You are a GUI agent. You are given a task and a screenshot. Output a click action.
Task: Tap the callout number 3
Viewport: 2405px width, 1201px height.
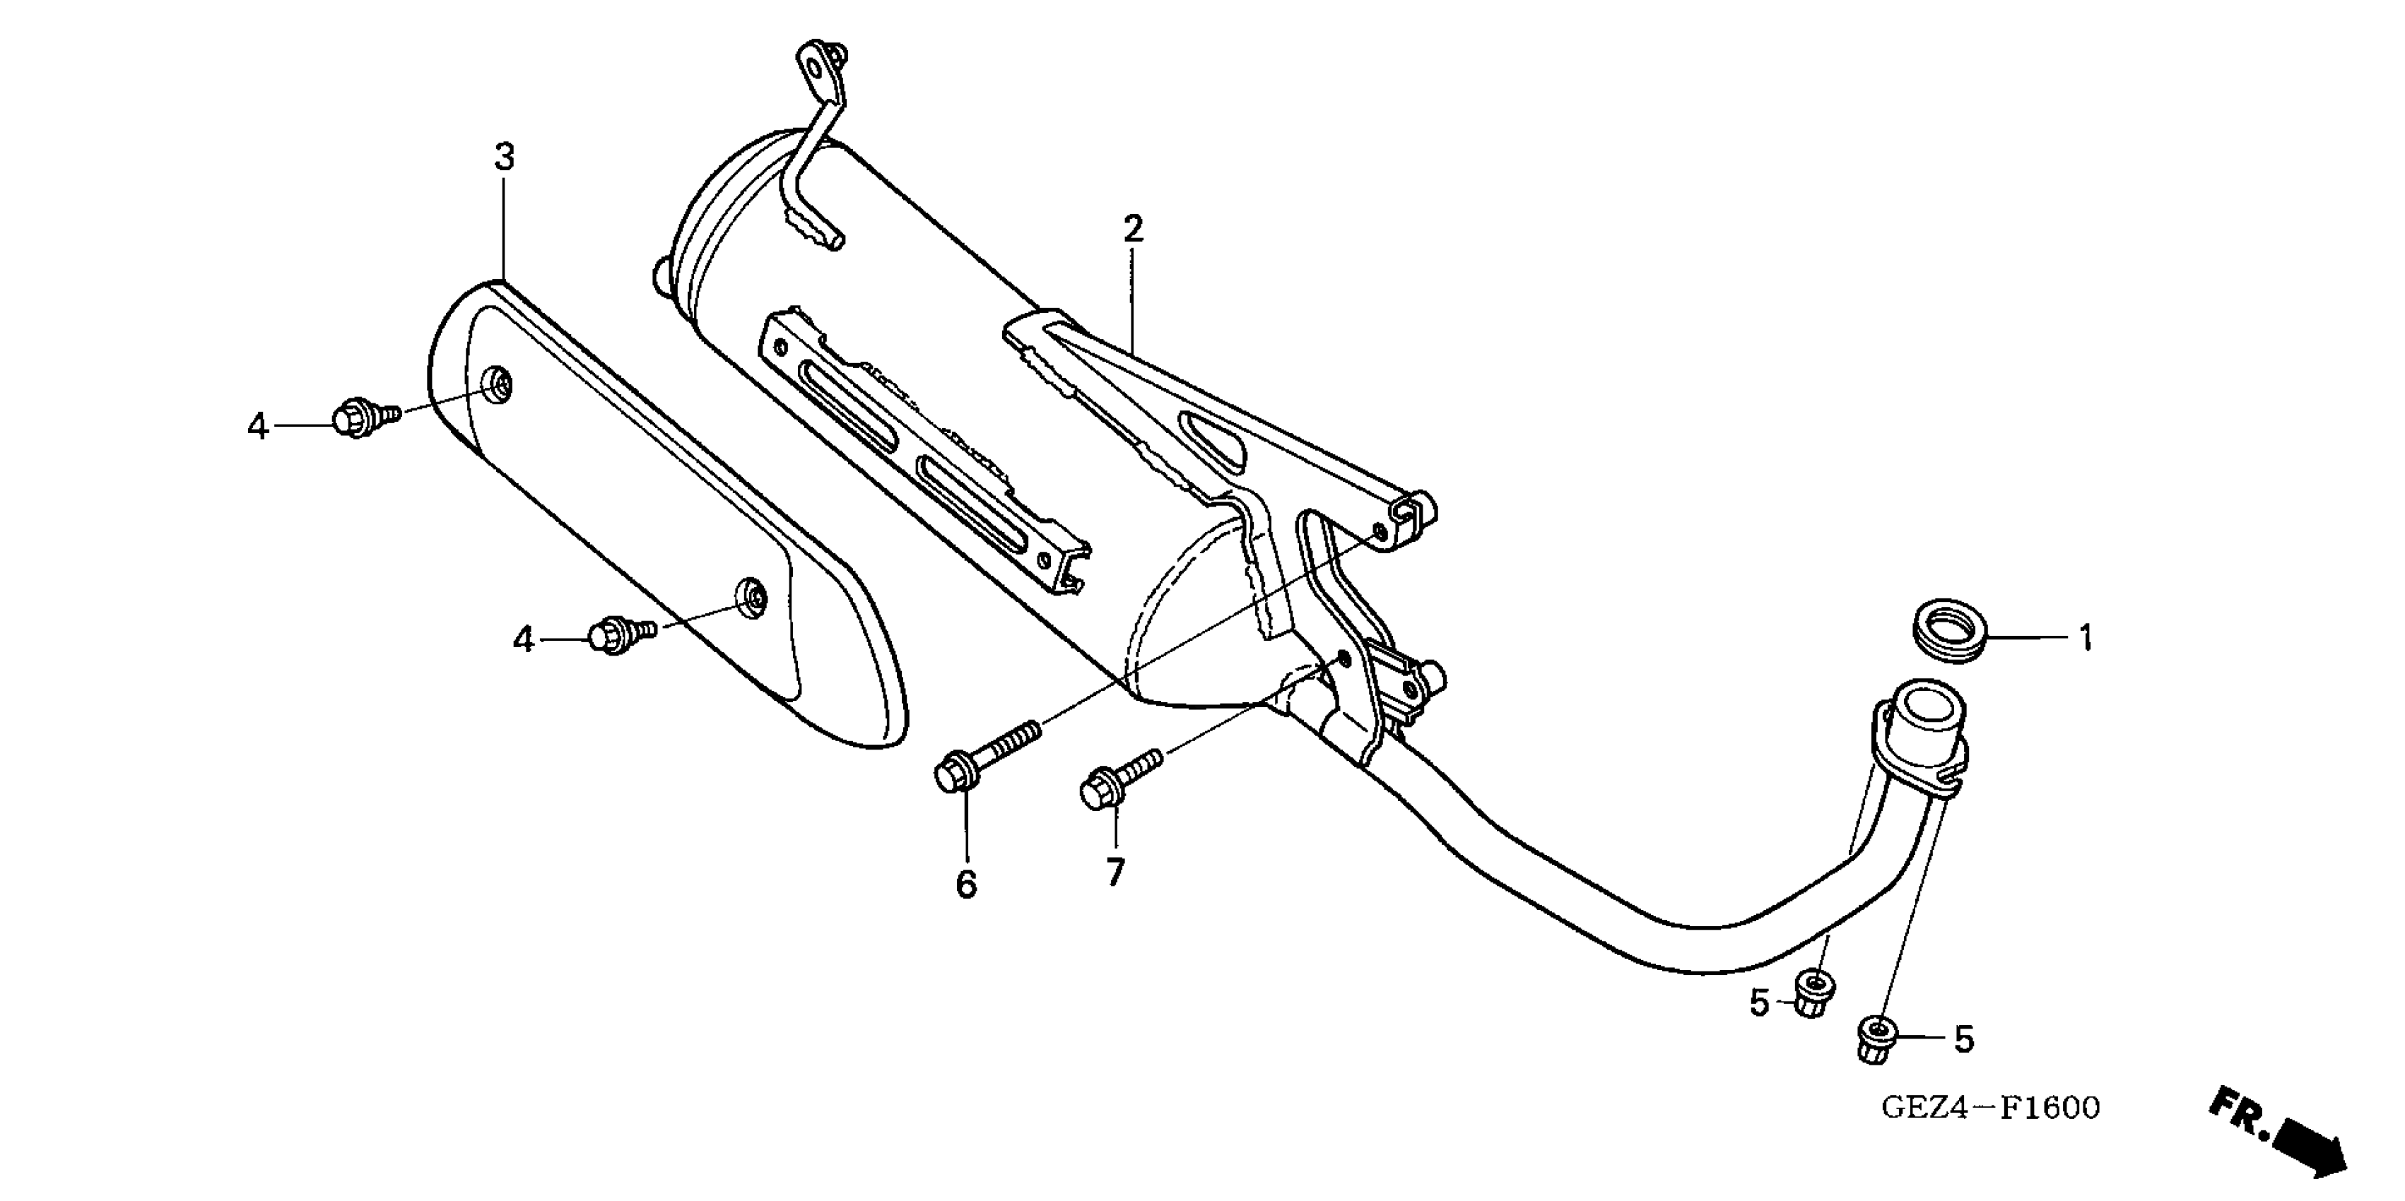pos(504,157)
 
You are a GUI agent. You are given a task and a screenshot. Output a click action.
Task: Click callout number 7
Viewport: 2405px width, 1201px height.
pos(1115,872)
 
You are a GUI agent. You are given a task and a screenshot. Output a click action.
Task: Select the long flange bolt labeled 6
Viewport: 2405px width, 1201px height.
pos(985,752)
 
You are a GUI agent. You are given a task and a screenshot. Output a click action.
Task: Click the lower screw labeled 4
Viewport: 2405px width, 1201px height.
pos(620,634)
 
